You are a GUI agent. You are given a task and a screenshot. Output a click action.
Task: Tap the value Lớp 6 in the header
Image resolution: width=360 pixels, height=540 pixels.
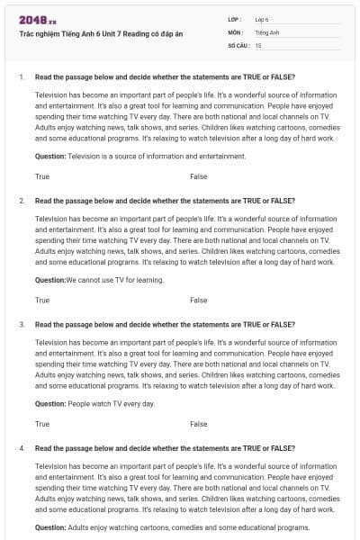coord(263,19)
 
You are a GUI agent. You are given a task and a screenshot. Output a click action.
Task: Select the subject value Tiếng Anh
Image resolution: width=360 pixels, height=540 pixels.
coord(267,31)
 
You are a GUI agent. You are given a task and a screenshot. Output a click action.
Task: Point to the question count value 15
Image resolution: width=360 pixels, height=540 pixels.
coord(258,44)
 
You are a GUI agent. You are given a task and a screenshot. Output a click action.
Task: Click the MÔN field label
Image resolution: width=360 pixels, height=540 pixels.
coord(236,31)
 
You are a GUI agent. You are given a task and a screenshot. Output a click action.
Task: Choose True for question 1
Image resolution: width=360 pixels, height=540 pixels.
coord(42,176)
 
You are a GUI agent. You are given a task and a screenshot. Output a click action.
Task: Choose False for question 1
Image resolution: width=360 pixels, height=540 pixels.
coord(198,176)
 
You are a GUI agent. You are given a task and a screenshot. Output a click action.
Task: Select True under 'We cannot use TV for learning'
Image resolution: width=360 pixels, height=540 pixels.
coord(42,300)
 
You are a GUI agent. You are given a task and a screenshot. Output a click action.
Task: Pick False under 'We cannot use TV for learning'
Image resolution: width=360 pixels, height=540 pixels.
coord(198,300)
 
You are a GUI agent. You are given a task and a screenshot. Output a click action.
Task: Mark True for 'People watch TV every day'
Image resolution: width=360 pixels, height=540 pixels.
coord(42,423)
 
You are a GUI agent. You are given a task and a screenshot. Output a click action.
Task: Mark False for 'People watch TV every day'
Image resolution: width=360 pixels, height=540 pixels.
coord(198,423)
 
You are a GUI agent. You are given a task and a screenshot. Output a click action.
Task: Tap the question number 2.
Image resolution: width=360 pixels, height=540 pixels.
coord(22,201)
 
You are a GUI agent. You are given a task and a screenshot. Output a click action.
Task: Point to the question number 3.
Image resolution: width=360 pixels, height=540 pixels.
coord(22,324)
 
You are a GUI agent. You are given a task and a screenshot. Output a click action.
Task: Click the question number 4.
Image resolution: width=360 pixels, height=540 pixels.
coord(22,447)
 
